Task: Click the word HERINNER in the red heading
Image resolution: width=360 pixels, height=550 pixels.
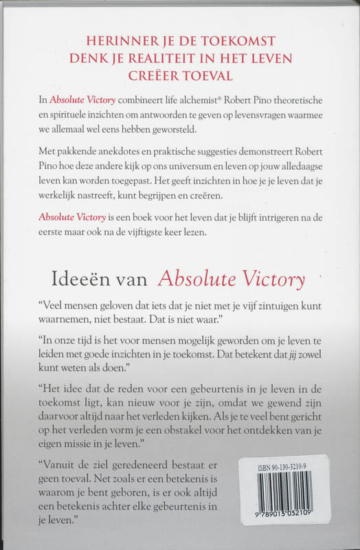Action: [118, 41]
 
